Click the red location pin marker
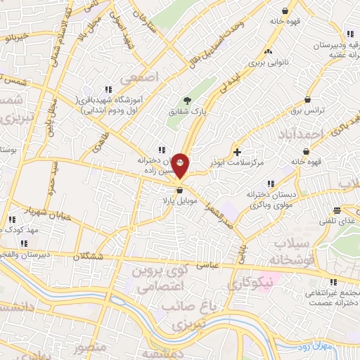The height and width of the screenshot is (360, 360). (180, 165)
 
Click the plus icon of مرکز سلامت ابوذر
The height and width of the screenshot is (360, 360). (237, 151)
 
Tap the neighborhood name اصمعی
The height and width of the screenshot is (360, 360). (141, 75)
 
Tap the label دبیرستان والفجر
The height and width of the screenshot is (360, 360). (24, 255)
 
